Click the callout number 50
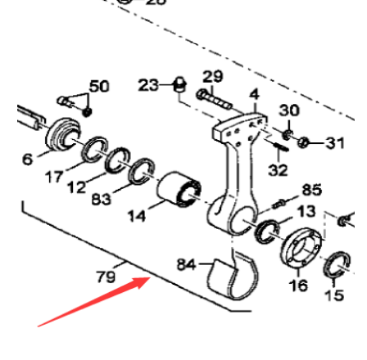coord(98,85)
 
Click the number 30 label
coord(289,109)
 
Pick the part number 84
coord(187,264)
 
